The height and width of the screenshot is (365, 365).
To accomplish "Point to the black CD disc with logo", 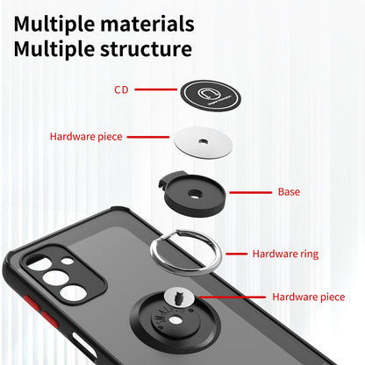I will pyautogui.click(x=209, y=92).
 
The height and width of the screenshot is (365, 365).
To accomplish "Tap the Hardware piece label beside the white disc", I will pyautogui.click(x=86, y=137).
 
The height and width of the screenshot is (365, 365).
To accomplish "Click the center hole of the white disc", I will pyautogui.click(x=203, y=141).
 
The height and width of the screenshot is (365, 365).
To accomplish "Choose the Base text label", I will pyautogui.click(x=290, y=191).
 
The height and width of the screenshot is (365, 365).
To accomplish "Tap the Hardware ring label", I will pyautogui.click(x=285, y=254).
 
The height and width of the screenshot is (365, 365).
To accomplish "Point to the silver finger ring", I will pyautogui.click(x=201, y=249).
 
